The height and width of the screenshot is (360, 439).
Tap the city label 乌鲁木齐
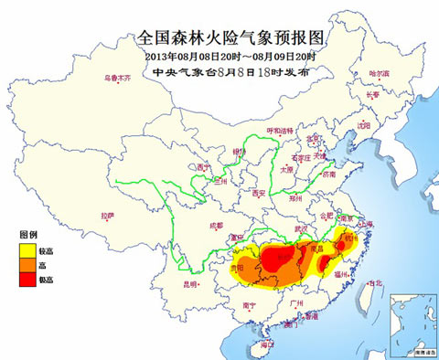116,79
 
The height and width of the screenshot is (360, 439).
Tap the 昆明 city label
189,285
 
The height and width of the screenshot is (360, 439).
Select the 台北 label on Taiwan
373,283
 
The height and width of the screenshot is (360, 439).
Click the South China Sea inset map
411,323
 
